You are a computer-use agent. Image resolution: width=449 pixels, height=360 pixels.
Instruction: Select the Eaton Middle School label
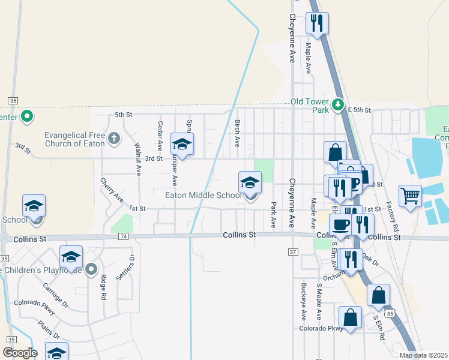(x=203, y=195)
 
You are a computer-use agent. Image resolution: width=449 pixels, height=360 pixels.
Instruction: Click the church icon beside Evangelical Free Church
(x=114, y=139)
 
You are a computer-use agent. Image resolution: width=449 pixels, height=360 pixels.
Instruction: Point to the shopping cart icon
(x=410, y=195)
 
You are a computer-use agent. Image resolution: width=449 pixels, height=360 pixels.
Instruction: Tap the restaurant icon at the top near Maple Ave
(x=317, y=23)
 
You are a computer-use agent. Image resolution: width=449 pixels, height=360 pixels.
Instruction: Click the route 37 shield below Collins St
(x=293, y=251)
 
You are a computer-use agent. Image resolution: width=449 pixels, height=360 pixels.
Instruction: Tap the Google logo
(x=20, y=352)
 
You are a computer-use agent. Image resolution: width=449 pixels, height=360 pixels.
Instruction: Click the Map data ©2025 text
(x=423, y=355)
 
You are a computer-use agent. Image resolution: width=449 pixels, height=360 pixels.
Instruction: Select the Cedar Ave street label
(x=160, y=136)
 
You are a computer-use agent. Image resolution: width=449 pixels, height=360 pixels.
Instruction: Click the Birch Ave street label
(x=237, y=133)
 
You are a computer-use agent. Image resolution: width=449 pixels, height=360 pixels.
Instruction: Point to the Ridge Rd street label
(x=103, y=287)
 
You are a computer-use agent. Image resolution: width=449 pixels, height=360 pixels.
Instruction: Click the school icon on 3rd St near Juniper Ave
(x=182, y=143)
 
